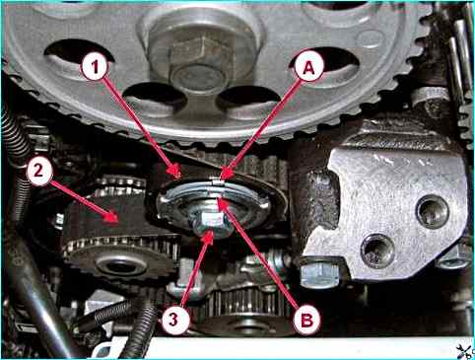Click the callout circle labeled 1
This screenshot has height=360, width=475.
pos(96,67)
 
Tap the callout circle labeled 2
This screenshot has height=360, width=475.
pos(39,172)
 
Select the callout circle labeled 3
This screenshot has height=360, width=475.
pos(174,321)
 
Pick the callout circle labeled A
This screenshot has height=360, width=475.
pos(308,68)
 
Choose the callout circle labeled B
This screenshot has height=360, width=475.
pos(306,321)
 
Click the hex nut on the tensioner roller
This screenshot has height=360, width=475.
pos(211,221)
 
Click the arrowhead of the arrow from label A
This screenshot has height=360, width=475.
pos(225,175)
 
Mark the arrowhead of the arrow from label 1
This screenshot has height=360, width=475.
pos(177,172)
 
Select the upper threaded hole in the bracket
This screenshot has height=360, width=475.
pos(433,212)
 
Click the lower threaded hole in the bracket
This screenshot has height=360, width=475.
pos(377,251)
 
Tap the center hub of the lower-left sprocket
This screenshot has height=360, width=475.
pos(121,265)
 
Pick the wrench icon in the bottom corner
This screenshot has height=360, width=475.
pos(466,351)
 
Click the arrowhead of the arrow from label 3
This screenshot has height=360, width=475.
pos(209,236)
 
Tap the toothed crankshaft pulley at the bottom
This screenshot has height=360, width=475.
pos(246,313)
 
